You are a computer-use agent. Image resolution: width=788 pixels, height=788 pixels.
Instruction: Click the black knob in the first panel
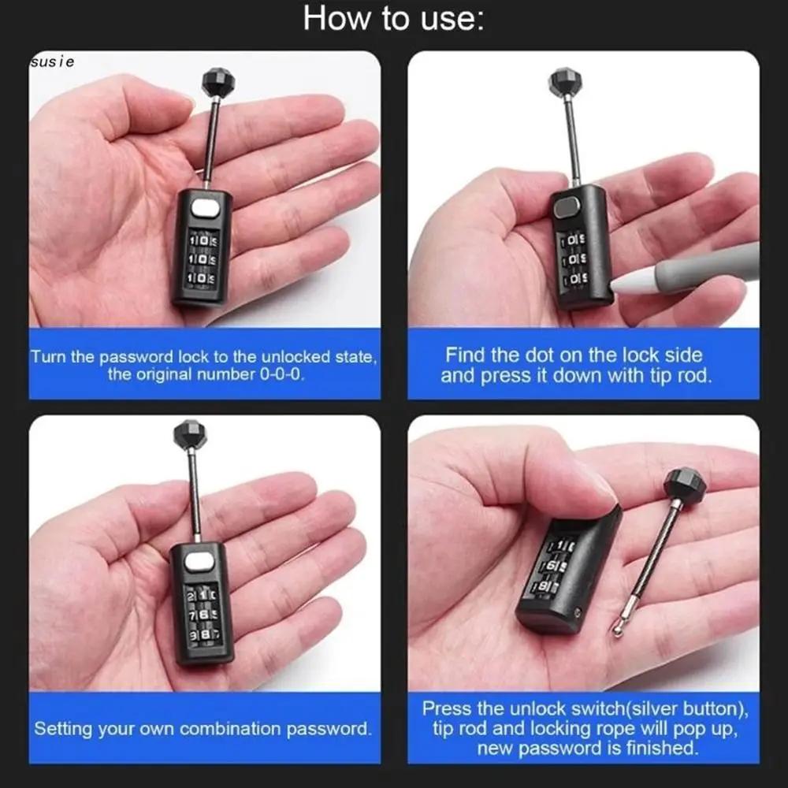pyautogui.click(x=216, y=82)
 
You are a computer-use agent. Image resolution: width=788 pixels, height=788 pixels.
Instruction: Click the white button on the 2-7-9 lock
pyautogui.click(x=201, y=562)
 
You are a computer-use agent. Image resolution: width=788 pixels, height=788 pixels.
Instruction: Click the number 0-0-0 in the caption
pyautogui.click(x=281, y=374)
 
